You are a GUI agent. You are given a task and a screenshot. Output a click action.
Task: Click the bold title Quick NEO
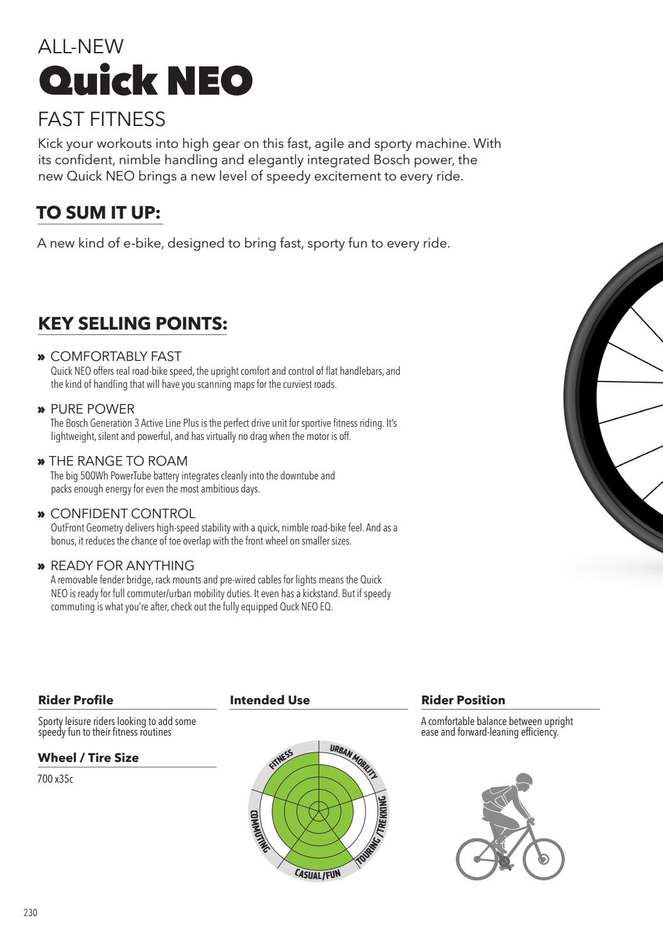click(145, 80)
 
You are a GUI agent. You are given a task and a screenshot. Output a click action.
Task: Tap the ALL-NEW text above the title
click(81, 46)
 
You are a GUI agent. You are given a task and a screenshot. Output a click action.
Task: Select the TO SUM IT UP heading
click(99, 213)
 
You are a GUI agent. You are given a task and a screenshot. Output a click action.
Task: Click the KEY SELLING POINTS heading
click(132, 324)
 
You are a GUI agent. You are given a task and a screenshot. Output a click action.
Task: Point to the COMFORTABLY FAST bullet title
click(116, 357)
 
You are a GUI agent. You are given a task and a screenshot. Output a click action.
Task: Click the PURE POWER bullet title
click(92, 409)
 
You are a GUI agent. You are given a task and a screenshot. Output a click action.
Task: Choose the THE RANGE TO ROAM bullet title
click(118, 461)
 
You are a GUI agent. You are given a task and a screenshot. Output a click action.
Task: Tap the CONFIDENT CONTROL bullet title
click(123, 514)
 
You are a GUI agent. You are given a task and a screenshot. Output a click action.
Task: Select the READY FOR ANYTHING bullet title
click(122, 566)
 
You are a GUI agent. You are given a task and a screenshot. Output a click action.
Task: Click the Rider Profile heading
click(76, 700)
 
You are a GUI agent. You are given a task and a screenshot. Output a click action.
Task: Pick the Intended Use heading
click(270, 700)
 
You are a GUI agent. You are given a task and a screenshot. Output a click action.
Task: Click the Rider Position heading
click(463, 700)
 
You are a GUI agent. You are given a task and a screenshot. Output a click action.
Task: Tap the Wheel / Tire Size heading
click(88, 758)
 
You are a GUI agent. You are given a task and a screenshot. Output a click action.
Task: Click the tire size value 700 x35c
click(56, 780)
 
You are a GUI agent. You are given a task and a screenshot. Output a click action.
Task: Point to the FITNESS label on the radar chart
click(281, 759)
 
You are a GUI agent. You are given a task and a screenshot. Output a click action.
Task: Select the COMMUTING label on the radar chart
click(258, 830)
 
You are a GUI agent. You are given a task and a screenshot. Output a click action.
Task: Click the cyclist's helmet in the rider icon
click(524, 781)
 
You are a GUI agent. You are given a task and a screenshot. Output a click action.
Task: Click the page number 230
click(31, 913)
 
